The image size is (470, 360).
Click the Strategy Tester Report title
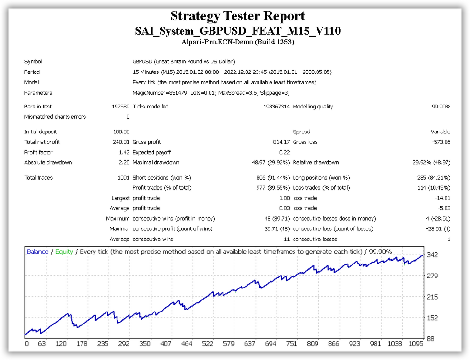[238, 16]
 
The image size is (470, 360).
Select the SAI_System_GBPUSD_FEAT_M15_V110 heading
[238, 31]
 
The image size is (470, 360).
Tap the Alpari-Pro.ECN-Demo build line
[238, 42]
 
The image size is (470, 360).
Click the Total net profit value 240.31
[121, 142]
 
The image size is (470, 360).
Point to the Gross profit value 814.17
[282, 142]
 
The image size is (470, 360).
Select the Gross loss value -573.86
[441, 142]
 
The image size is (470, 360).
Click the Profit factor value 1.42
[124, 153]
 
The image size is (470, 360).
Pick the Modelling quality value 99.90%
[441, 107]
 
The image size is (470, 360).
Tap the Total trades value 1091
[124, 178]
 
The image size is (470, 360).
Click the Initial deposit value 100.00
[121, 132]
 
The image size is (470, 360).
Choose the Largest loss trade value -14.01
[443, 198]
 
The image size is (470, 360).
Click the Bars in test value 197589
[120, 107]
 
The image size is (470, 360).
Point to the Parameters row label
[38, 93]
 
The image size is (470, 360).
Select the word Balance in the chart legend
[37, 252]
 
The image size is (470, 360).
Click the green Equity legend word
[64, 252]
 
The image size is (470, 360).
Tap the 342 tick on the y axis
[432, 255]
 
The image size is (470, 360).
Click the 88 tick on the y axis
[431, 339]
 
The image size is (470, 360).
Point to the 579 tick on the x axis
[228, 344]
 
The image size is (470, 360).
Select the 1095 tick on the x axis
[416, 344]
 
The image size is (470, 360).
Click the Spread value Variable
[440, 132]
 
